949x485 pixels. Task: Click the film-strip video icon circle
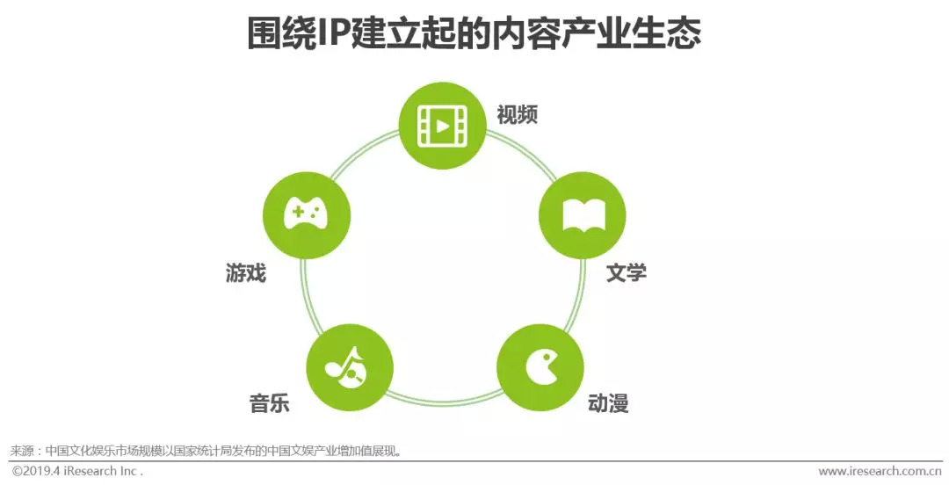(442, 127)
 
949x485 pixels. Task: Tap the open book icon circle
(582, 215)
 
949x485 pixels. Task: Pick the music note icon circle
(349, 367)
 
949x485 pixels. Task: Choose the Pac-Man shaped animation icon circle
(540, 367)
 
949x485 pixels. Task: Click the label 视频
(517, 114)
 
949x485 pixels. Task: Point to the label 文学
(627, 272)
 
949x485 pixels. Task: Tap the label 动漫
(608, 403)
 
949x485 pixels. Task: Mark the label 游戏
(245, 273)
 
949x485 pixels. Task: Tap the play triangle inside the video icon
(443, 127)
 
